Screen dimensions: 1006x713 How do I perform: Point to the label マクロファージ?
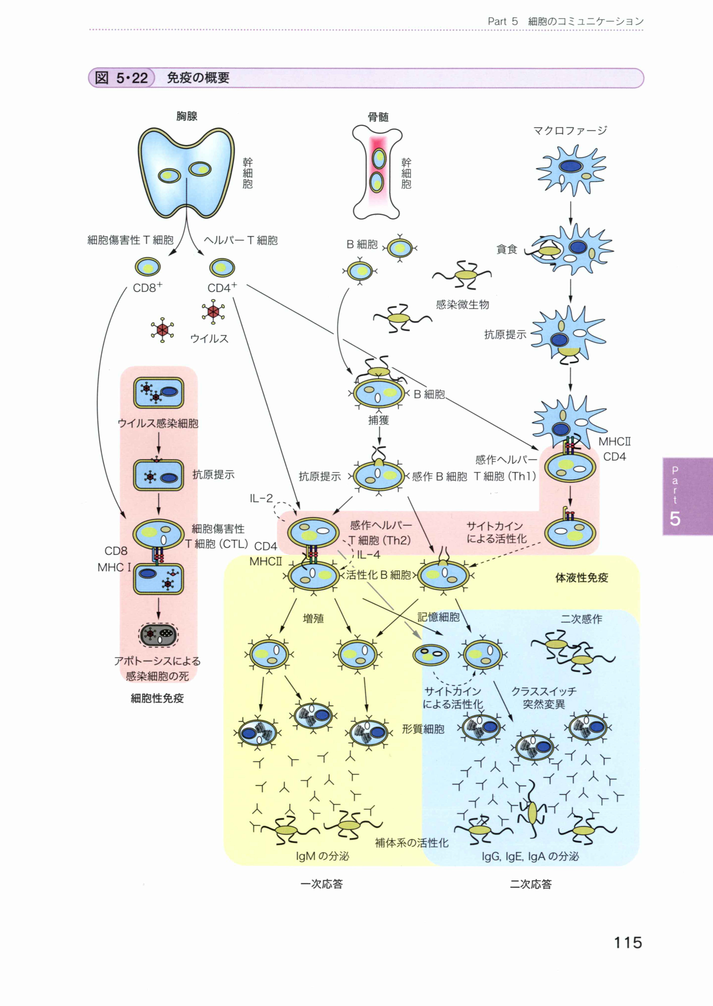pyautogui.click(x=570, y=130)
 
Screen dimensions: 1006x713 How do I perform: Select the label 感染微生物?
pyautogui.click(x=462, y=305)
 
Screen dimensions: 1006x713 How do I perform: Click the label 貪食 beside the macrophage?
pyautogui.click(x=507, y=249)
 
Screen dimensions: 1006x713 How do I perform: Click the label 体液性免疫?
pyautogui.click(x=582, y=578)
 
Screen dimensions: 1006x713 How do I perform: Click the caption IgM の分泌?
pyautogui.click(x=322, y=856)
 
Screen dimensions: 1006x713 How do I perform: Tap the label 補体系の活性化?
pyautogui.click(x=411, y=842)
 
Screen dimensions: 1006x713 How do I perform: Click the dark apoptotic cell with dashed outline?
pyautogui.click(x=158, y=634)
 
